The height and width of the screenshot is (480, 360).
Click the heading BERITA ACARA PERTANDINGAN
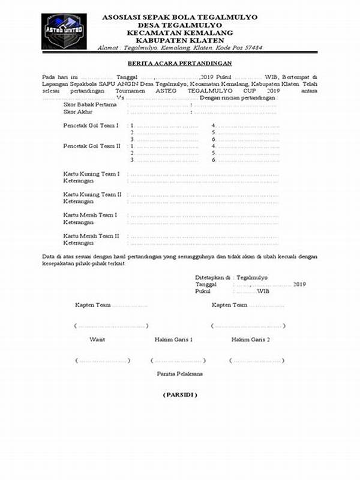click(x=179, y=63)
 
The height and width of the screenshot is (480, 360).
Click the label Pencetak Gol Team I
click(x=91, y=125)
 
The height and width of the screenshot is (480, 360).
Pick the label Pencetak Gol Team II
click(x=92, y=146)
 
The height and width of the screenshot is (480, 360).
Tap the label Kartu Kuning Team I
click(x=92, y=174)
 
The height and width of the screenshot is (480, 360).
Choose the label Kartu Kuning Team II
click(x=93, y=194)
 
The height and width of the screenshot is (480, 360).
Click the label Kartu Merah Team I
click(x=91, y=214)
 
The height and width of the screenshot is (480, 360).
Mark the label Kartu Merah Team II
click(x=92, y=235)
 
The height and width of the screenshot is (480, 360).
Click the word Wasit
click(x=97, y=340)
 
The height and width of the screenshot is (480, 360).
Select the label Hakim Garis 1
click(x=173, y=340)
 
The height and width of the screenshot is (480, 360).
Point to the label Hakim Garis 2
click(x=250, y=340)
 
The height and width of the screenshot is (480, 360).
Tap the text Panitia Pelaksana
click(x=179, y=374)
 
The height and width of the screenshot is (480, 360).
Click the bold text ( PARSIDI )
click(x=179, y=395)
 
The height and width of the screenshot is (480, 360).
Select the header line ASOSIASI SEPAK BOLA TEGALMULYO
click(x=179, y=17)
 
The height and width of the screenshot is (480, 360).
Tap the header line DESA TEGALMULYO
click(x=179, y=25)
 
